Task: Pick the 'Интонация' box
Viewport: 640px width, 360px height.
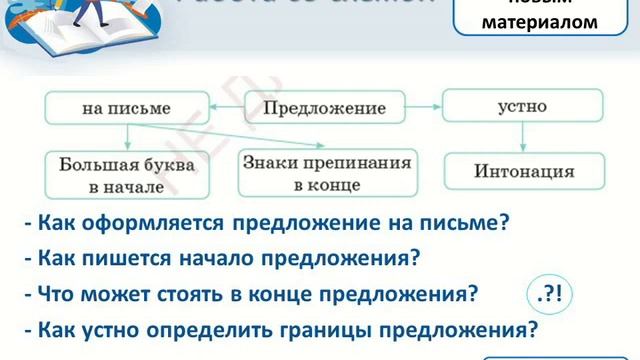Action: coord(523,171)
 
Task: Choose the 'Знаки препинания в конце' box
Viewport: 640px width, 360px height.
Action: coord(327,171)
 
